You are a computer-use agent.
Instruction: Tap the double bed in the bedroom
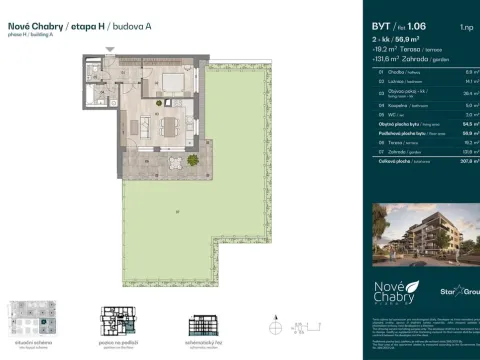[171, 83]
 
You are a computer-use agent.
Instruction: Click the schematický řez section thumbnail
[204, 321]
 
